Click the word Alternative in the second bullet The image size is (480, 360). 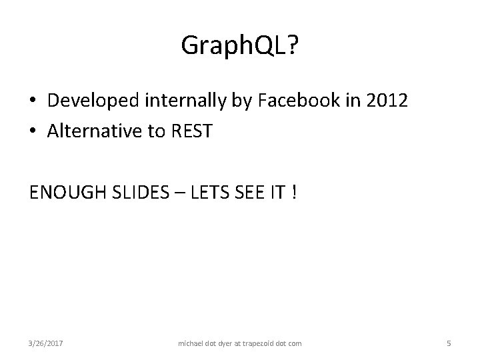coord(93,131)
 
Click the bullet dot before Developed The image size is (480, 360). coord(33,101)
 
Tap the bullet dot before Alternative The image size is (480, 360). coord(33,131)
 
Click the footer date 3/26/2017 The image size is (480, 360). coord(46,343)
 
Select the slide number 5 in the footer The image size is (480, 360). coord(449,343)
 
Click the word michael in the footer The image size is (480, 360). coord(193,343)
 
